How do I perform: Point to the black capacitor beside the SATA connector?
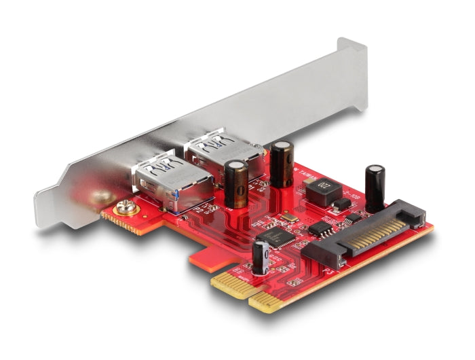coord(375,187)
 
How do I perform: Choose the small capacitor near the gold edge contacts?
coord(261,258)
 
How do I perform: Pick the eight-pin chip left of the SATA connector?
coord(317,230)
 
